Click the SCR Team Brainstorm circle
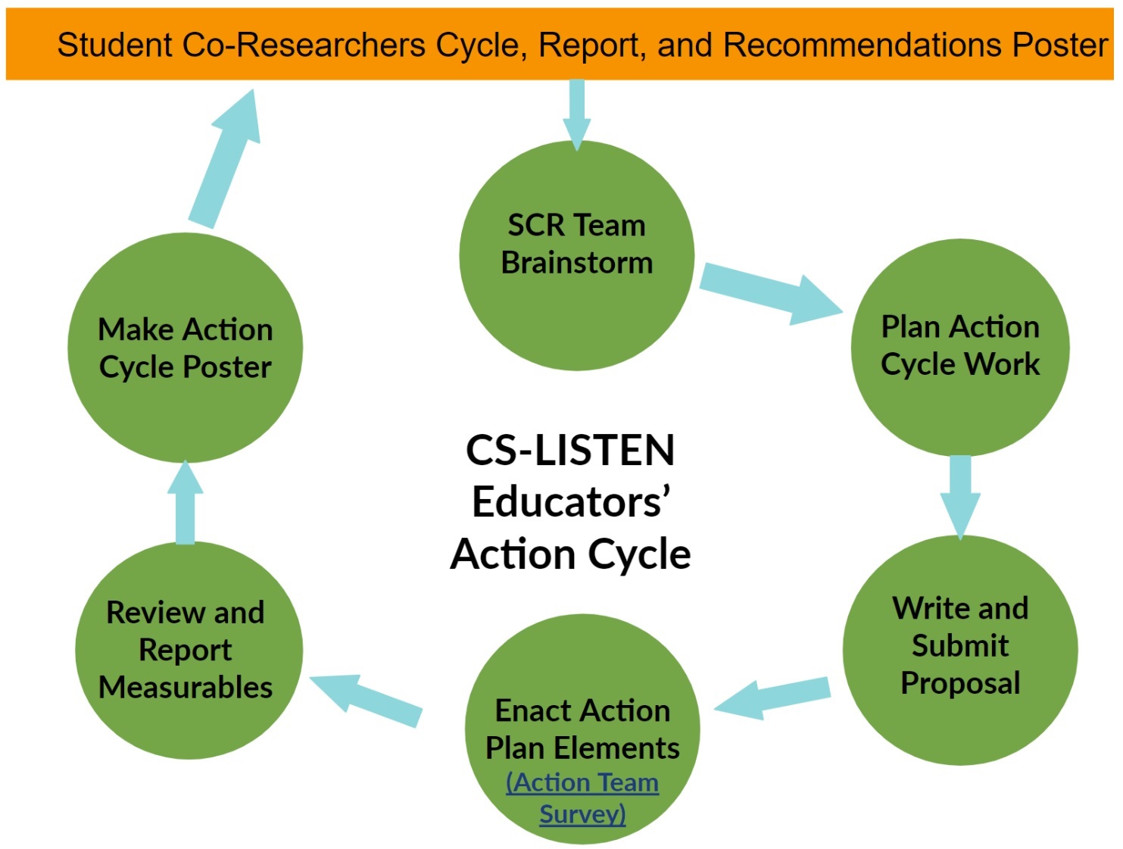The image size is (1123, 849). (x=576, y=255)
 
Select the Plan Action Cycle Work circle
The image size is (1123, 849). (x=960, y=348)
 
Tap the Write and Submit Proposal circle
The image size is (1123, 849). (x=960, y=650)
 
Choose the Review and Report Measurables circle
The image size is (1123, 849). (x=189, y=650)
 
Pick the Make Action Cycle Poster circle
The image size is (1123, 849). (x=186, y=348)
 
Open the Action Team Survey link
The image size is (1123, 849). (x=582, y=797)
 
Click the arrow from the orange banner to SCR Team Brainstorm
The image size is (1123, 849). (x=576, y=115)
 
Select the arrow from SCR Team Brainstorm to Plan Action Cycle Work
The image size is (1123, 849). (x=770, y=295)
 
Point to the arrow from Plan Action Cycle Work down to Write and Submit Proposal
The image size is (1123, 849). (x=960, y=497)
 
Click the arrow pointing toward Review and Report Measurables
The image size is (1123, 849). (x=366, y=699)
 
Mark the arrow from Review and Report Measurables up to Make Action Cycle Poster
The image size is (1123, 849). (x=186, y=502)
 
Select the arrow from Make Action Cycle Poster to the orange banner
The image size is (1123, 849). (x=225, y=158)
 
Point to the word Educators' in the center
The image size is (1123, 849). (x=570, y=502)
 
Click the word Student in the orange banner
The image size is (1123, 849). (x=115, y=45)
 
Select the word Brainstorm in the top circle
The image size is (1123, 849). (x=576, y=262)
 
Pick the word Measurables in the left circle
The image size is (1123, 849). (x=186, y=687)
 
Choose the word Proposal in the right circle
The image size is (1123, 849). (x=960, y=683)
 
